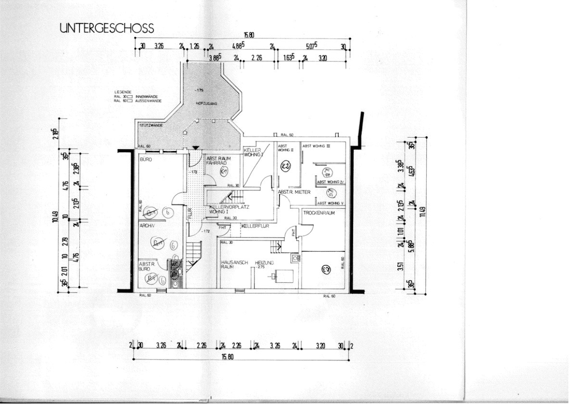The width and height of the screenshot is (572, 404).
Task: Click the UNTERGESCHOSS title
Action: click(x=107, y=28)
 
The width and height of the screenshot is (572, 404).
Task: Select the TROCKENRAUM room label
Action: click(x=318, y=213)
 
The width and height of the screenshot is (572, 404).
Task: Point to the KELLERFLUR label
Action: click(x=255, y=226)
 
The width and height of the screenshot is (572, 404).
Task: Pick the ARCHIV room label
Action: click(x=146, y=225)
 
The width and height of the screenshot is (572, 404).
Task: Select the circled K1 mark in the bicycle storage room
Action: click(x=223, y=171)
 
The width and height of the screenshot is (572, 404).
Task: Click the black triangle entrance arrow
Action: click(x=195, y=147)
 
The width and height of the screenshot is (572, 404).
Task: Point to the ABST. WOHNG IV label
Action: click(x=330, y=182)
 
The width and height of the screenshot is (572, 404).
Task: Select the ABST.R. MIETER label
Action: click(x=294, y=192)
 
